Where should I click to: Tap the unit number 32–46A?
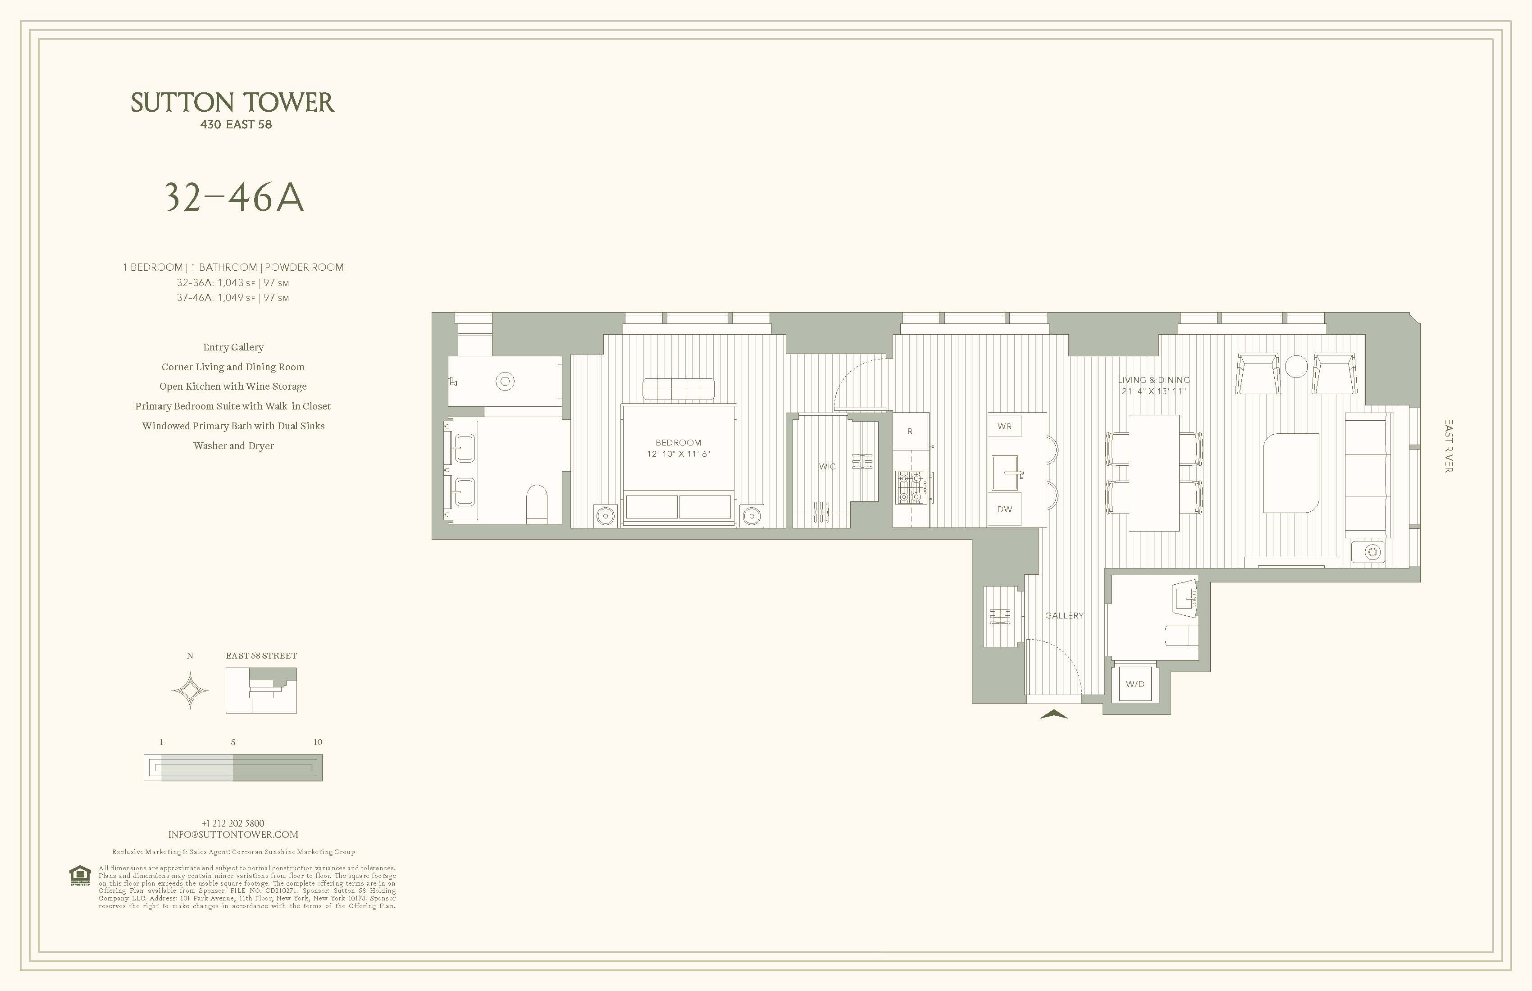point(233,198)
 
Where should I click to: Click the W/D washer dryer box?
point(1135,684)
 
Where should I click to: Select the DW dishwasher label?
point(1004,509)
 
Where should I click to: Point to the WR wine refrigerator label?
point(1004,427)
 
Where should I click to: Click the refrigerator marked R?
point(910,431)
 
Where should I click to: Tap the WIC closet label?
point(827,467)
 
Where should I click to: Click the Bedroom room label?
point(678,443)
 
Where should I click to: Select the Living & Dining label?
point(1154,380)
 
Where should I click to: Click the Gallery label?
point(1064,616)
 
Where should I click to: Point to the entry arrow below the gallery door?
point(1054,714)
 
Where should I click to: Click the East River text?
point(1448,446)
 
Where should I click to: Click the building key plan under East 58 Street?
point(261,691)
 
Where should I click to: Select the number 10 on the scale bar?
point(317,742)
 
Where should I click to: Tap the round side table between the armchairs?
point(1296,367)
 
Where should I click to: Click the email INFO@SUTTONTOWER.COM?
point(233,835)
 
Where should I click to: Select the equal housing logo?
point(79,875)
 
